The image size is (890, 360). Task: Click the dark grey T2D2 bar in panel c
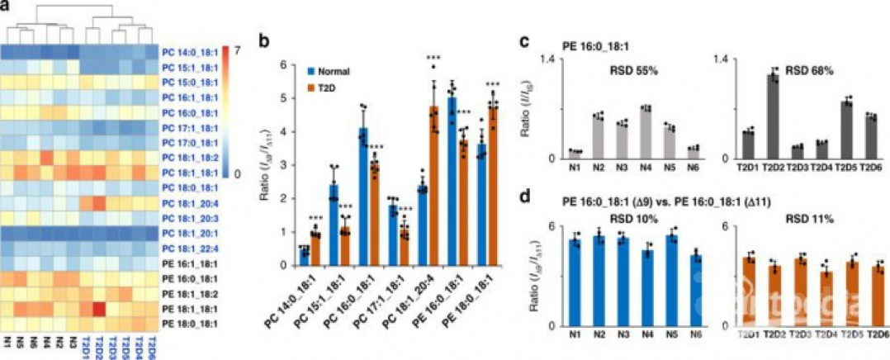[x=772, y=116]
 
